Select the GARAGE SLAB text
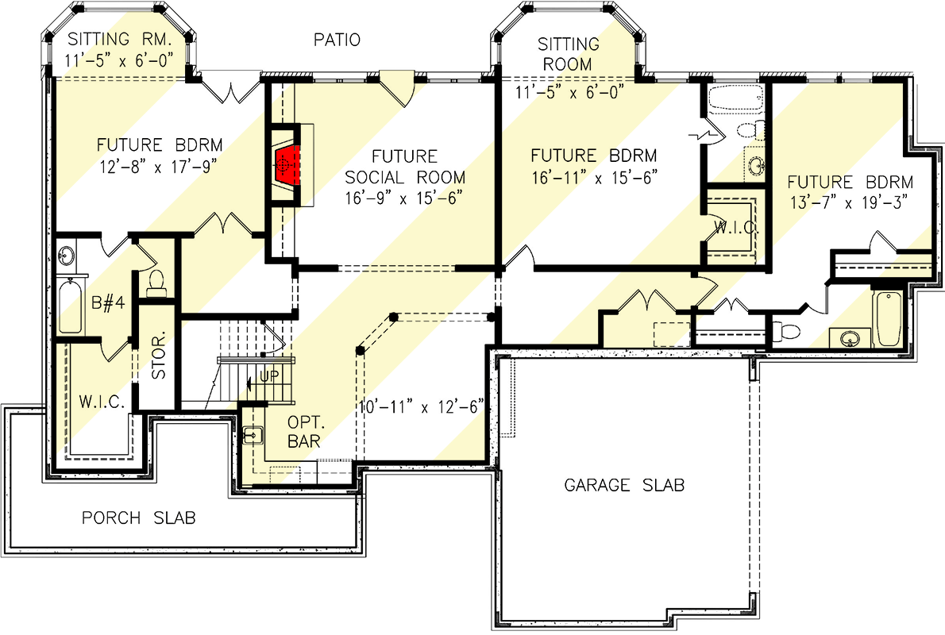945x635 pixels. pyautogui.click(x=624, y=484)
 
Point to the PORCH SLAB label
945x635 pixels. pyautogui.click(x=139, y=518)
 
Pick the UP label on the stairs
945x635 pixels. pyautogui.click(x=270, y=376)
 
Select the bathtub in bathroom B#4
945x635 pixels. pyautogui.click(x=70, y=306)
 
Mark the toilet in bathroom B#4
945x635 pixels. pyautogui.click(x=156, y=282)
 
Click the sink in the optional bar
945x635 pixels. pyautogui.click(x=253, y=435)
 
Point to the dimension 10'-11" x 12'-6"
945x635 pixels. pyautogui.click(x=421, y=408)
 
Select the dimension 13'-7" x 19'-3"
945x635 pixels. pyautogui.click(x=850, y=200)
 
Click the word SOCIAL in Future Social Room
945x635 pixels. pyautogui.click(x=405, y=177)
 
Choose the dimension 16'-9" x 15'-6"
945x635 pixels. pyautogui.click(x=405, y=197)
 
